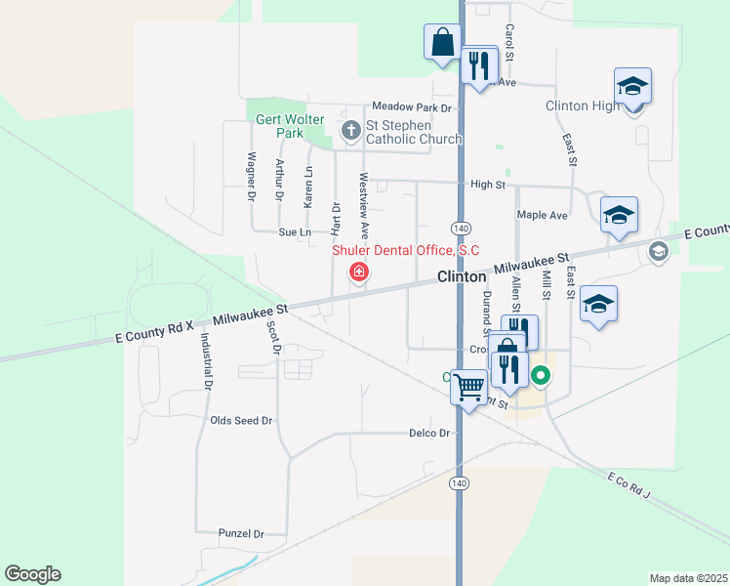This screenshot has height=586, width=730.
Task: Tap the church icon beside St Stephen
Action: (x=351, y=130)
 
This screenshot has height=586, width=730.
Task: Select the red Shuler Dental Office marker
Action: (x=359, y=272)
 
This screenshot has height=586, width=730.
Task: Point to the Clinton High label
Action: (x=582, y=105)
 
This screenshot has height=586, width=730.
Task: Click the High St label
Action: (x=487, y=184)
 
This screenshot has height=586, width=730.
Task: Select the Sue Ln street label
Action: (x=294, y=232)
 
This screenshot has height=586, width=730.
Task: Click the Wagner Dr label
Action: (x=252, y=176)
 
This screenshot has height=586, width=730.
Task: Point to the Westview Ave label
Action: (x=364, y=206)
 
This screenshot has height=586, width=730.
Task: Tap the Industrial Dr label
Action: (x=206, y=361)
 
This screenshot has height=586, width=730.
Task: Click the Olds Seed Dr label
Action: (x=241, y=420)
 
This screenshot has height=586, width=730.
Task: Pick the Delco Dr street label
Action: (x=429, y=433)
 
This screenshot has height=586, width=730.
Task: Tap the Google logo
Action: (x=32, y=574)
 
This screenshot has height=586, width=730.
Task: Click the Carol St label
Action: (x=509, y=44)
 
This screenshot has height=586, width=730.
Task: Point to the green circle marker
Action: (x=540, y=375)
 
